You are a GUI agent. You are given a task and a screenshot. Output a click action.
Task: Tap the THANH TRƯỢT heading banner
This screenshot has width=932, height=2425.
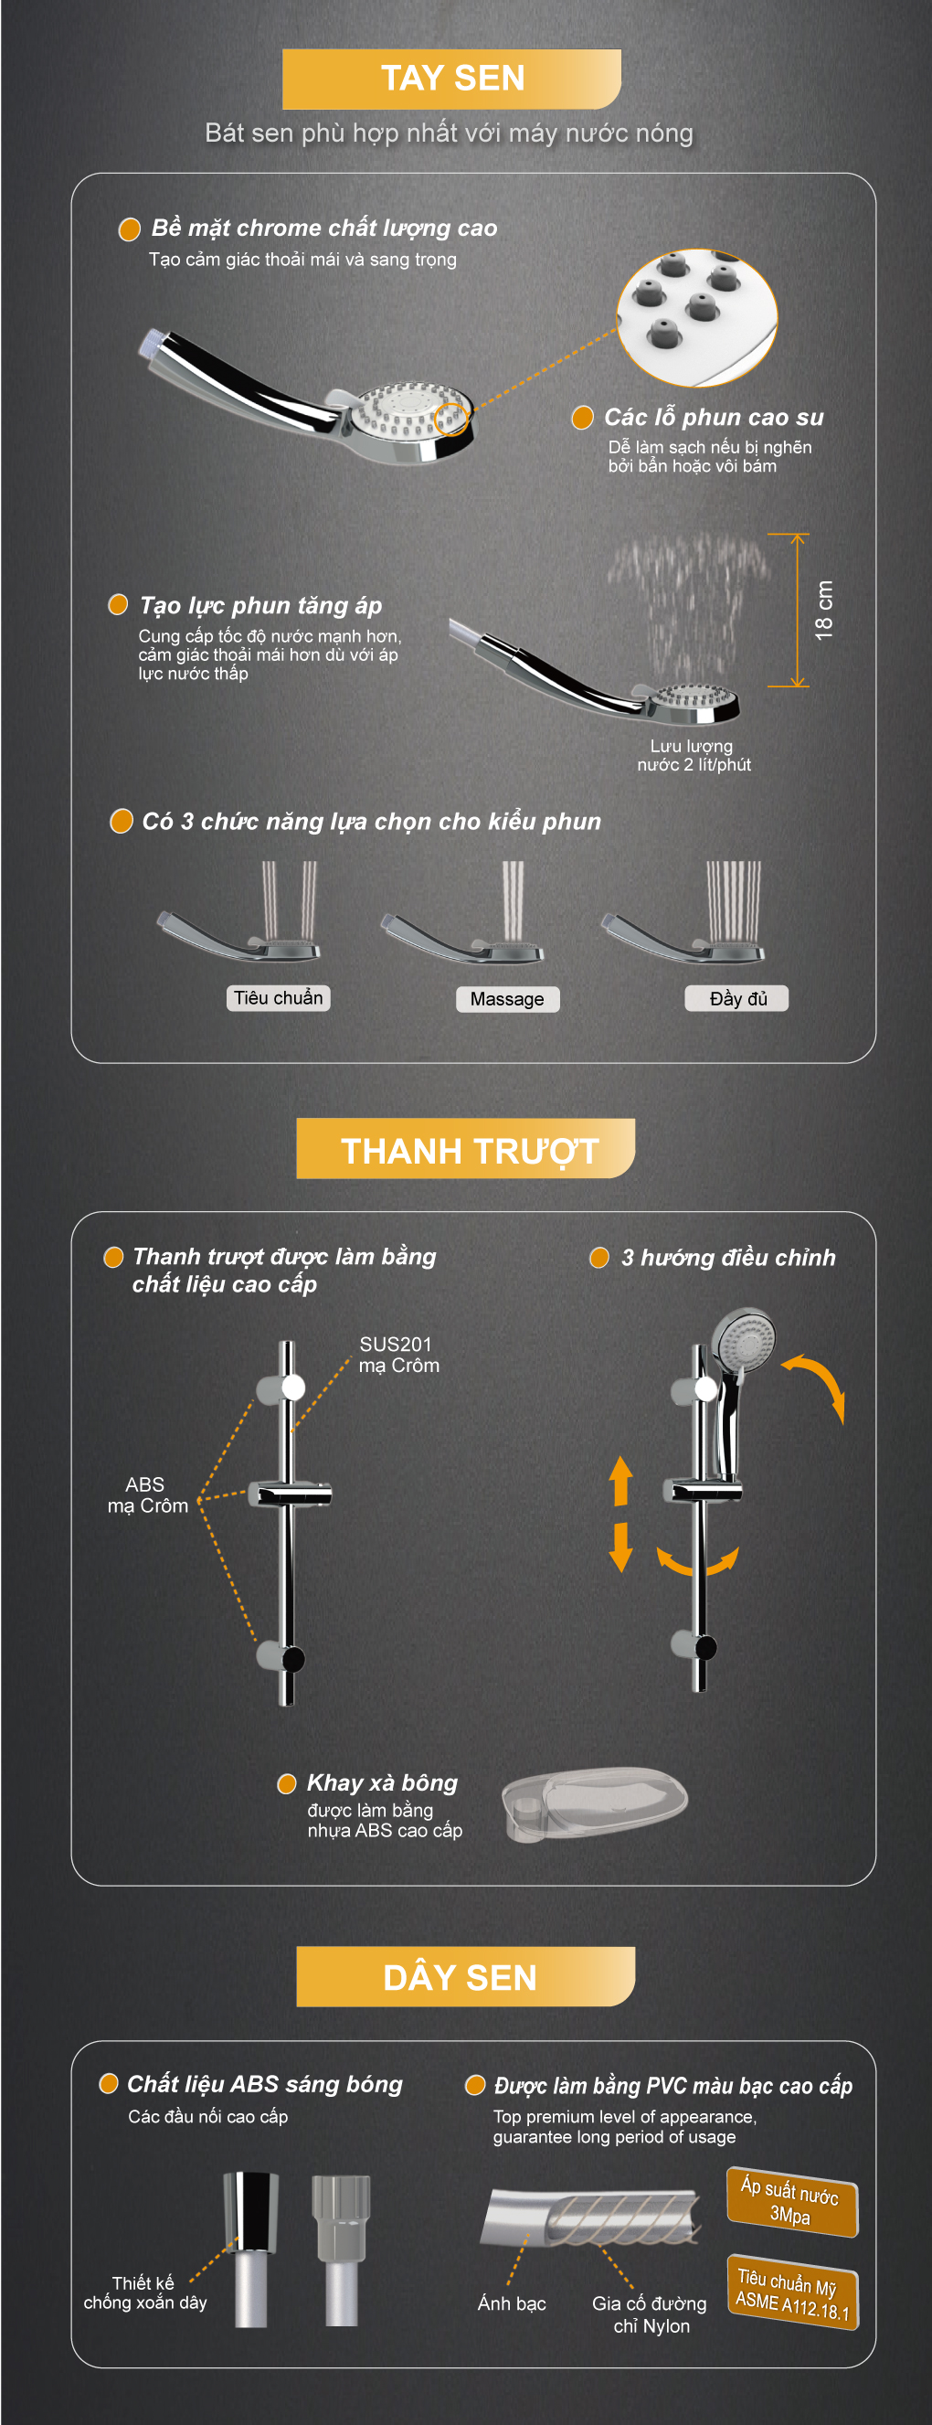coord(466,1148)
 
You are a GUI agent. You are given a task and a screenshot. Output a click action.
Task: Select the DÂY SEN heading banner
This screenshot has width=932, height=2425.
coord(466,1977)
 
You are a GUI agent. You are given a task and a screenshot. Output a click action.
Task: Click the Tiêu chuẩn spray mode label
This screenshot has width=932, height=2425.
coord(278,998)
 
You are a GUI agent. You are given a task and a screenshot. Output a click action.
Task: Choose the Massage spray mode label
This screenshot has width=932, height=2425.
coord(507,999)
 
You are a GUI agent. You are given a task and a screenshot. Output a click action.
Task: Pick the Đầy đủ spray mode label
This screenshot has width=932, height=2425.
coord(736,998)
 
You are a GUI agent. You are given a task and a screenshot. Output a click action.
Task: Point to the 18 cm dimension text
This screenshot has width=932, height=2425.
coord(824,610)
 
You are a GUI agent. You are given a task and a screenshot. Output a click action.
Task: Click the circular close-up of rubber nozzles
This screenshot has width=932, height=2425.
coord(696,317)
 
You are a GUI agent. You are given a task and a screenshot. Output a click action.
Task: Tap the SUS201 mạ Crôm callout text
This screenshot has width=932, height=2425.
coord(399,1355)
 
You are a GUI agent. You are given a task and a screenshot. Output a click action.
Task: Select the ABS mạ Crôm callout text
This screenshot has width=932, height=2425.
coord(147,1494)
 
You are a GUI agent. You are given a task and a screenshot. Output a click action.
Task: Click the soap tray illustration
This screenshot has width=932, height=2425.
coord(594,1803)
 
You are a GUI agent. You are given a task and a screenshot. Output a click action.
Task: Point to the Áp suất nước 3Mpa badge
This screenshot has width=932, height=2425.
coord(791,2202)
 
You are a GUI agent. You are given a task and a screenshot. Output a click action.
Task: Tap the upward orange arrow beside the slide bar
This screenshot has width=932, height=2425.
coord(620,1480)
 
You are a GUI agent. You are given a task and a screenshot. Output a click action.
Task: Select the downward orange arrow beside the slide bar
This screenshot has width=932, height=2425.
coord(620,1547)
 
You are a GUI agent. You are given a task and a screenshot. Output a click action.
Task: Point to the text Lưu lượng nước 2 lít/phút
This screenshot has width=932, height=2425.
coord(694,755)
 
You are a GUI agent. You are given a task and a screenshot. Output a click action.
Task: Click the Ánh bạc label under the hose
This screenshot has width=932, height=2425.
coord(511,2303)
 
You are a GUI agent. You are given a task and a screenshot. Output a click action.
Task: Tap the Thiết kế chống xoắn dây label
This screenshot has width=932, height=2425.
coord(145,2292)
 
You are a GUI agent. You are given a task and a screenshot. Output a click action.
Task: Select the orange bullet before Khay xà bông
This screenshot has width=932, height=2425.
coord(287,1784)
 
